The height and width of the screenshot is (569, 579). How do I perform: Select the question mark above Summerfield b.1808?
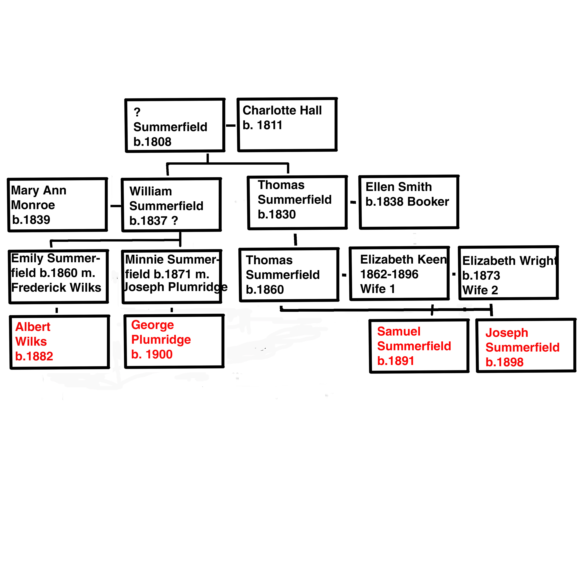tap(137, 112)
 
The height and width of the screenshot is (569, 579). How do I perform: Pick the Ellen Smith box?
tap(408, 202)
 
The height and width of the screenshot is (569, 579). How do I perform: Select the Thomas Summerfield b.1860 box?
tap(289, 275)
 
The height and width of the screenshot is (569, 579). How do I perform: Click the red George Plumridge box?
tap(174, 341)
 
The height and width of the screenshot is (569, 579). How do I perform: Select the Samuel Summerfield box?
tap(419, 346)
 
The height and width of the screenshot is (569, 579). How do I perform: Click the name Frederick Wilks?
tap(56, 287)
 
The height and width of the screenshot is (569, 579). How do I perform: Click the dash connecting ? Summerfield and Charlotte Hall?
tap(231, 126)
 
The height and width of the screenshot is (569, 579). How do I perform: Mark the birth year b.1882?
tap(34, 356)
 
